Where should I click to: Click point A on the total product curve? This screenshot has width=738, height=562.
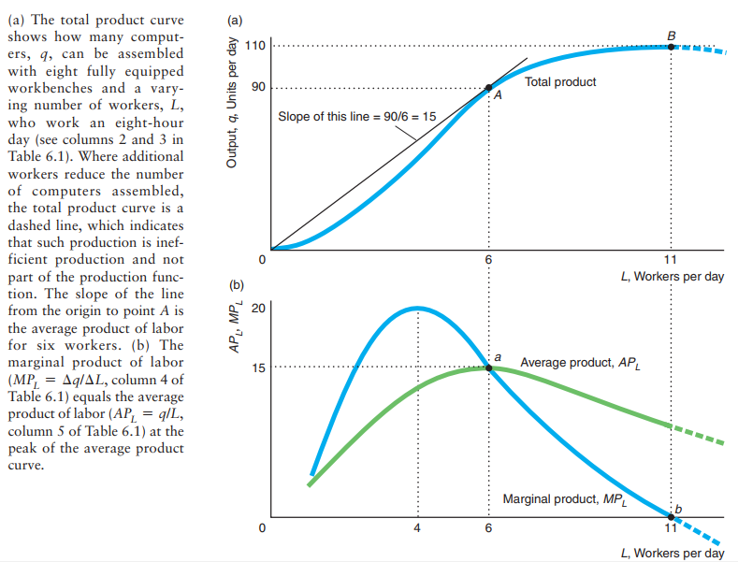pos(488,88)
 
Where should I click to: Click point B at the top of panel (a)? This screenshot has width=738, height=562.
pos(671,47)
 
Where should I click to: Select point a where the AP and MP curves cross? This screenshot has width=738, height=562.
pos(488,367)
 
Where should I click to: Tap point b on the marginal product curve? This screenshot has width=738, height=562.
pos(671,515)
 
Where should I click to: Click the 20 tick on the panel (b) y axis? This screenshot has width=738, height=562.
pos(259,308)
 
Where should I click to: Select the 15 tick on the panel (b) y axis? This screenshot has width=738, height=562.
pos(259,367)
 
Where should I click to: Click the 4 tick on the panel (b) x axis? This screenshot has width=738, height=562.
pos(418,528)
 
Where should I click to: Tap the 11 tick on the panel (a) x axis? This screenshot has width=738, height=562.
pos(671,259)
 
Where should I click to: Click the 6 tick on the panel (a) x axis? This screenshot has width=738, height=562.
pos(488,259)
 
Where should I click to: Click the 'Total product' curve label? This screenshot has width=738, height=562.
pos(560,82)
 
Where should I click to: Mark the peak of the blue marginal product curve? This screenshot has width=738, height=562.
pos(418,307)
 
